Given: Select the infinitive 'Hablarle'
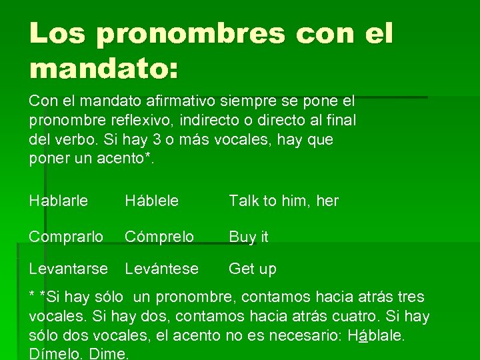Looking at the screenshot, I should tap(59, 201).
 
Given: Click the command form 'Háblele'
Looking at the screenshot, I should tap(151, 201).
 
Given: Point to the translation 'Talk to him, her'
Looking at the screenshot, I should tap(284, 201).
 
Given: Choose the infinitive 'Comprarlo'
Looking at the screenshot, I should tap(66, 237).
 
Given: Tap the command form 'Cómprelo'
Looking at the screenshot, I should tap(159, 237).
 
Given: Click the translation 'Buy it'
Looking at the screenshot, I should tap(249, 237).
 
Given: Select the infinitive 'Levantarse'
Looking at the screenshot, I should tap(68, 269).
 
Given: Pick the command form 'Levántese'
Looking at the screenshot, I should tap(162, 269).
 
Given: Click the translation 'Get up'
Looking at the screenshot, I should tap(253, 269).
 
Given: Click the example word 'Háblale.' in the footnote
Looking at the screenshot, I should tap(377, 335).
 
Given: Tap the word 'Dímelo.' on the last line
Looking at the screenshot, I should tap(55, 354).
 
